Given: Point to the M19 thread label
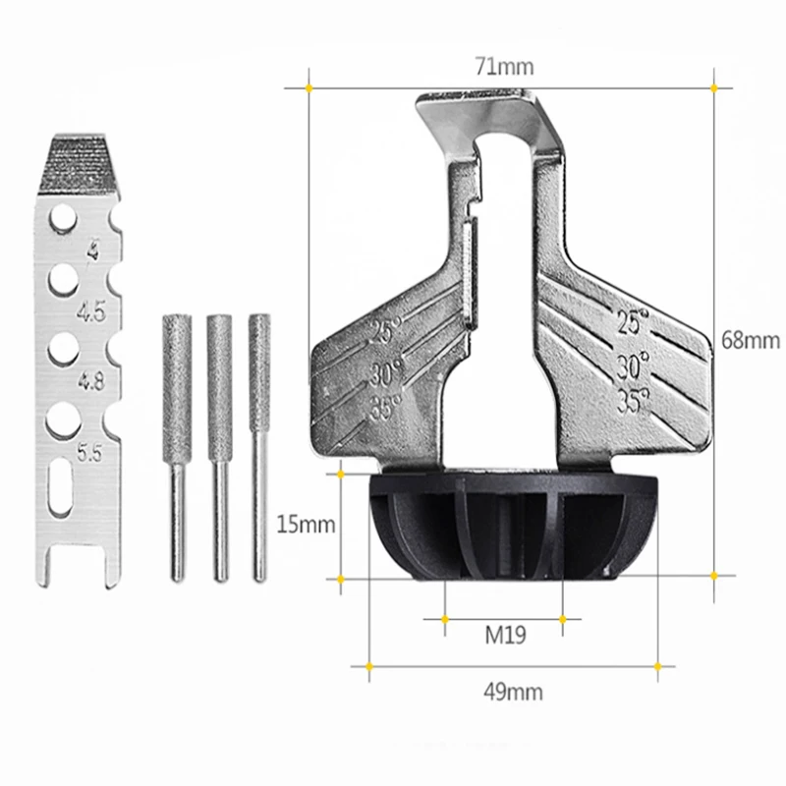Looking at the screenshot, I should pyautogui.click(x=504, y=635).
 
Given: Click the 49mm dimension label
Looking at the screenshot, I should pyautogui.click(x=513, y=692).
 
